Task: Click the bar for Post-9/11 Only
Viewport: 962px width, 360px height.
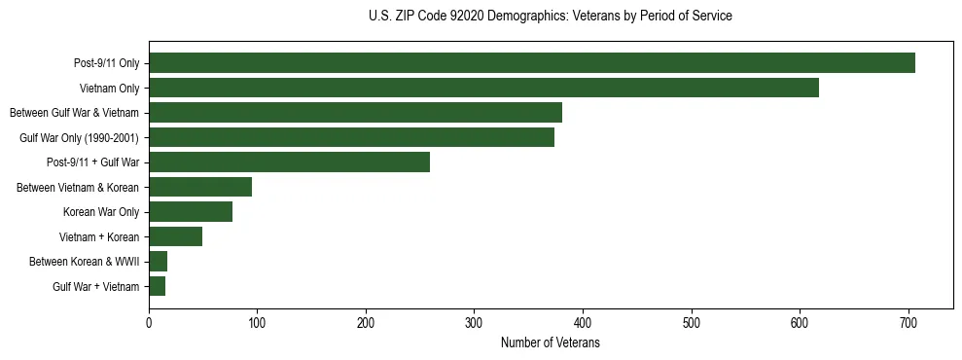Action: point(532,63)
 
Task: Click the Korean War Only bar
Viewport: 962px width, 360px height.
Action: point(191,212)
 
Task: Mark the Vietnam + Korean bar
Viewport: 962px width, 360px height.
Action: point(175,236)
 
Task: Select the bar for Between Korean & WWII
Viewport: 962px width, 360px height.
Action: point(158,262)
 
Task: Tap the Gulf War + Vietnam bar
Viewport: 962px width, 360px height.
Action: point(157,286)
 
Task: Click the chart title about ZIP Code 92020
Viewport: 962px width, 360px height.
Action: point(551,17)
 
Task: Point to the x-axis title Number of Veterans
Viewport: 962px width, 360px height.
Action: point(550,343)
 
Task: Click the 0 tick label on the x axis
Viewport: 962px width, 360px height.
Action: point(149,324)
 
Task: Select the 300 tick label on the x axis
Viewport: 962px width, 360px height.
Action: point(475,324)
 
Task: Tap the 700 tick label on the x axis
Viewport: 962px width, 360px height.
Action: point(909,324)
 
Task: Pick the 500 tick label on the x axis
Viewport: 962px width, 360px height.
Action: point(692,324)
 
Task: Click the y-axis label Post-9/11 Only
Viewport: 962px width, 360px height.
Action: point(106,64)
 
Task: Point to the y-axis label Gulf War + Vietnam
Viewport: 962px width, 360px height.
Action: point(95,287)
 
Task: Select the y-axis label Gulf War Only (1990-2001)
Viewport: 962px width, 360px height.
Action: point(79,138)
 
